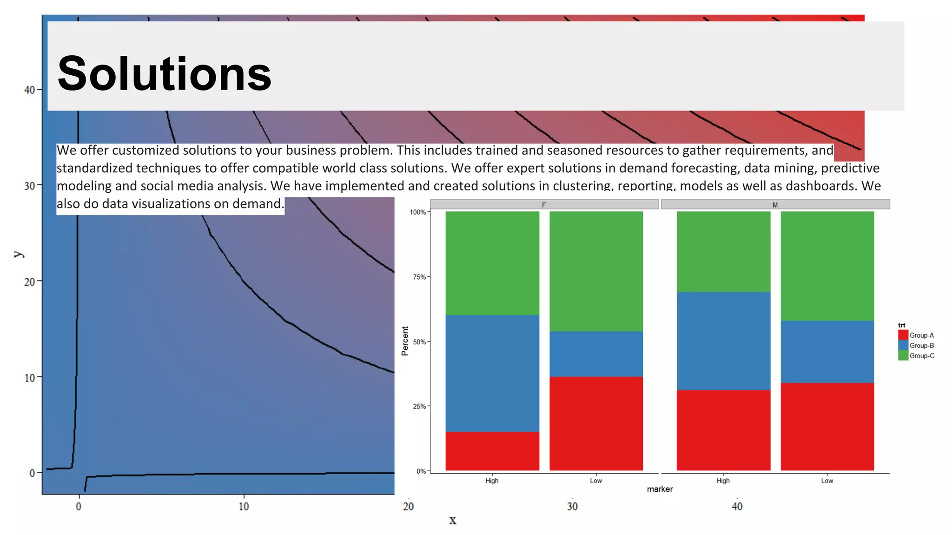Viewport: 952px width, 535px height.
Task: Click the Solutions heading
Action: pyautogui.click(x=164, y=74)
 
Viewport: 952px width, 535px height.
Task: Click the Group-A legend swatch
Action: pyautogui.click(x=903, y=335)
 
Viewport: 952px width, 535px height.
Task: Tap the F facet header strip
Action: pyautogui.click(x=544, y=205)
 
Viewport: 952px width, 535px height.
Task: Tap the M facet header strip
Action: pyautogui.click(x=775, y=205)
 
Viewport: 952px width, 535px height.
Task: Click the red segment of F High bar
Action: pyautogui.click(x=492, y=451)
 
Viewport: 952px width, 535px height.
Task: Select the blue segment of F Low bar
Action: pyautogui.click(x=596, y=354)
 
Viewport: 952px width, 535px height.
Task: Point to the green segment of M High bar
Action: pyautogui.click(x=723, y=251)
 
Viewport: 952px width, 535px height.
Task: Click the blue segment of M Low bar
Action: pyautogui.click(x=827, y=352)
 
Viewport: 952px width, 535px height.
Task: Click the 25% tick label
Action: pyautogui.click(x=419, y=406)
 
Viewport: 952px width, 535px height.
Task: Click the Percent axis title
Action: pyautogui.click(x=405, y=341)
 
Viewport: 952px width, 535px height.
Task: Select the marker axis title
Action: pyautogui.click(x=660, y=489)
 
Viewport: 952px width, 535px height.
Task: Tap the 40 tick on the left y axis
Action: pyautogui.click(x=30, y=90)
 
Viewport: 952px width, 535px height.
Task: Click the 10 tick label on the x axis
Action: pyautogui.click(x=244, y=507)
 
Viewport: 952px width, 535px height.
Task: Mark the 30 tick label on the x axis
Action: pyautogui.click(x=572, y=507)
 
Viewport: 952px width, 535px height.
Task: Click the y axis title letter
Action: pyautogui.click(x=18, y=254)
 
